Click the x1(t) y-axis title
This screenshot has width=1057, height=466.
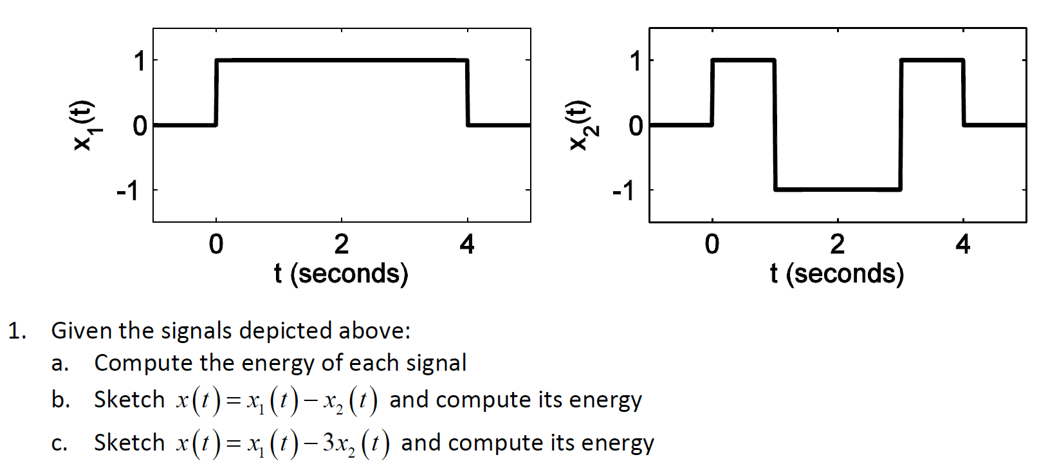(x=84, y=126)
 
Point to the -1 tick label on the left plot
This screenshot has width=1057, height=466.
(x=127, y=191)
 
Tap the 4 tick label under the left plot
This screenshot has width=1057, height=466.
(x=467, y=245)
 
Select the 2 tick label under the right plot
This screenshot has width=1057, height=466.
(x=837, y=245)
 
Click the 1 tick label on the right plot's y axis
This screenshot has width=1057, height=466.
(x=636, y=61)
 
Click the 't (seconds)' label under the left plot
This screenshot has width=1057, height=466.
(x=341, y=274)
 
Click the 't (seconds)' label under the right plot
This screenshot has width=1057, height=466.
(x=837, y=274)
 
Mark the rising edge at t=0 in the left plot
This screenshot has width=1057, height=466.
(x=216, y=93)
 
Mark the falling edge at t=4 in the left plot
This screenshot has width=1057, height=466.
(x=467, y=93)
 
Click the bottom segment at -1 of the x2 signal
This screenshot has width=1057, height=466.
(x=838, y=189)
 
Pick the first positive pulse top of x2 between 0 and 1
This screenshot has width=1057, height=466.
(x=743, y=61)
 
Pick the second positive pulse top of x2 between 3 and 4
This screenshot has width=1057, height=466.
(x=932, y=61)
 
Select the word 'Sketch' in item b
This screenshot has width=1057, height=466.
(x=129, y=400)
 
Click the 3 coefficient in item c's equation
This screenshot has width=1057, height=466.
(x=328, y=442)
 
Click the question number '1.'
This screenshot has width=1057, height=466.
(x=17, y=331)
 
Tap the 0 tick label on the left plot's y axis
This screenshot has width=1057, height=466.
(x=140, y=126)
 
